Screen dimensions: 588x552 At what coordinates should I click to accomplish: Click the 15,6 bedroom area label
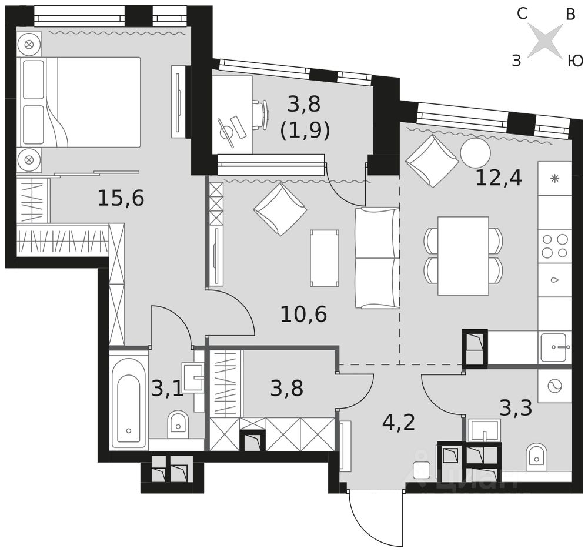121,198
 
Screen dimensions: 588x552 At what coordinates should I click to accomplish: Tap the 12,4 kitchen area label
499,178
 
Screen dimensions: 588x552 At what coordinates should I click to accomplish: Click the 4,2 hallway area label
398,422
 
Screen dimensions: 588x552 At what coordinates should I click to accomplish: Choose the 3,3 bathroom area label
516,408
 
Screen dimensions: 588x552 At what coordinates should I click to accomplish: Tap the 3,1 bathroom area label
167,389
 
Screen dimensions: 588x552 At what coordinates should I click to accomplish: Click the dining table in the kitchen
463,256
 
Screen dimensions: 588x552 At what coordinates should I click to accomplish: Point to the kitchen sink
556,347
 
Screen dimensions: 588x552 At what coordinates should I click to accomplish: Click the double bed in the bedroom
79,102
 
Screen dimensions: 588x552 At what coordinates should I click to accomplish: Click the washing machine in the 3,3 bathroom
554,386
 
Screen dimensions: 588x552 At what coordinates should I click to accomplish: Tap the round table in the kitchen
476,153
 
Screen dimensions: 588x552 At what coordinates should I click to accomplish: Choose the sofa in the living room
377,258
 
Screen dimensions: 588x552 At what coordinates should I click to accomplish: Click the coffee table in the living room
325,258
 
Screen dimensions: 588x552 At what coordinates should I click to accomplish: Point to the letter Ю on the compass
574,61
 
